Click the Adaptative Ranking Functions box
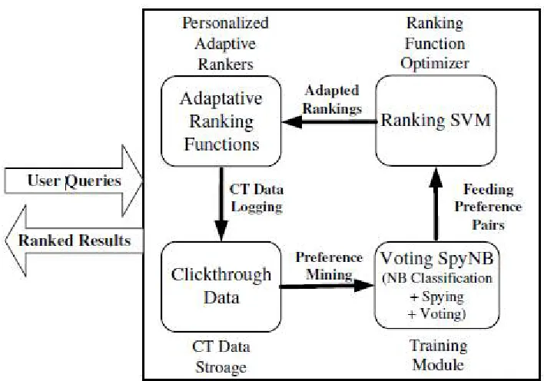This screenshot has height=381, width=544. click(x=221, y=121)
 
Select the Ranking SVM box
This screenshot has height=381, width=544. click(x=436, y=121)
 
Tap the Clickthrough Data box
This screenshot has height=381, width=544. click(x=221, y=287)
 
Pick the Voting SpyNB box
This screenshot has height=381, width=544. click(x=436, y=285)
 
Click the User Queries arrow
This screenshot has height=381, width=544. click(x=74, y=181)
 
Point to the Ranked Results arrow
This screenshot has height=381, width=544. click(x=75, y=241)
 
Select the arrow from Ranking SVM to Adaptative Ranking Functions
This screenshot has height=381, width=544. click(x=329, y=122)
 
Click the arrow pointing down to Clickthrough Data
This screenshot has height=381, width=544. click(x=221, y=204)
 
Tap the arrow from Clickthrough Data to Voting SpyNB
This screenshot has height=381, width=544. click(x=327, y=286)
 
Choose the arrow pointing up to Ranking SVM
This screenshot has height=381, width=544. click(x=436, y=204)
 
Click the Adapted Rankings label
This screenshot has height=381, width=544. click(x=332, y=100)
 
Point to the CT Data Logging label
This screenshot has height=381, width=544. click(x=257, y=198)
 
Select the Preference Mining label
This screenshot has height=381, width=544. click(x=329, y=266)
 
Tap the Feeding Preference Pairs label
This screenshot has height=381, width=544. click(x=488, y=207)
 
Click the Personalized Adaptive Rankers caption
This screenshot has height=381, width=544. click(x=225, y=43)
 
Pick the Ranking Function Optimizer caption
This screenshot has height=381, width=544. click(x=435, y=43)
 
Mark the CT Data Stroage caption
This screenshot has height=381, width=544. click(x=221, y=357)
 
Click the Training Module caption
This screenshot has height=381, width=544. click(x=439, y=356)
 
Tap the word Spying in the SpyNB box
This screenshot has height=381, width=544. click(x=443, y=297)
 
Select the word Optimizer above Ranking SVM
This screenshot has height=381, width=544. click(x=435, y=64)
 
